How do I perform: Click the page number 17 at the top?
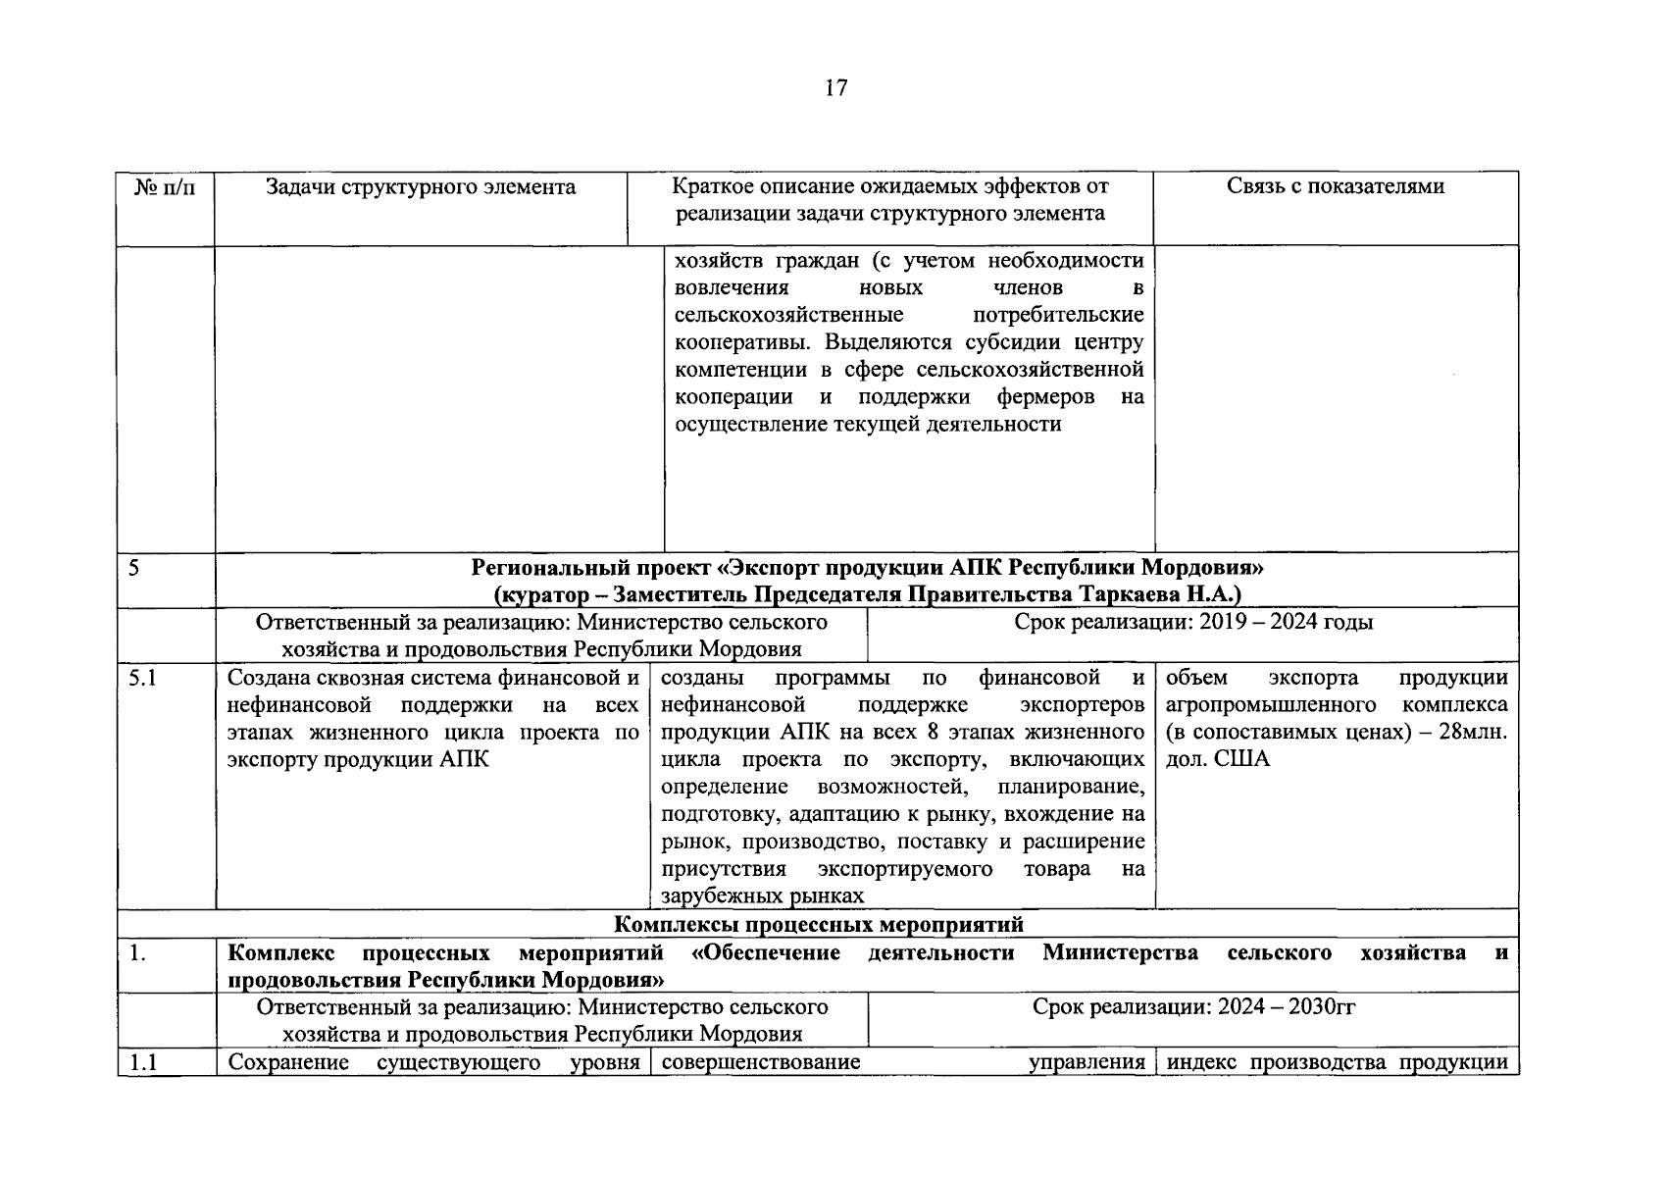(835, 88)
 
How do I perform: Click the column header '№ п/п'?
(164, 187)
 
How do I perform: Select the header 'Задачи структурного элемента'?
(421, 187)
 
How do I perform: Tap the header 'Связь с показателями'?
(1335, 186)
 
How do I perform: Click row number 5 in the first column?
(133, 567)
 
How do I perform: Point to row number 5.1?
(143, 678)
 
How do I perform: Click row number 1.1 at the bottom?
(143, 1062)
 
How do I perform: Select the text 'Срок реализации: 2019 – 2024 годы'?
(1193, 622)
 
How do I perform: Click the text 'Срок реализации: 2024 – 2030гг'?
(1193, 1006)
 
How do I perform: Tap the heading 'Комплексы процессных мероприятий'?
(819, 924)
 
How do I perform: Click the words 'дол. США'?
(1217, 759)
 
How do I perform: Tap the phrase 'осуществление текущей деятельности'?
(868, 425)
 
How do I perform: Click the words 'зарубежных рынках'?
(762, 896)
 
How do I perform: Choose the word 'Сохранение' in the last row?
(287, 1062)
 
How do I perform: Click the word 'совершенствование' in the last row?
(761, 1062)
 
